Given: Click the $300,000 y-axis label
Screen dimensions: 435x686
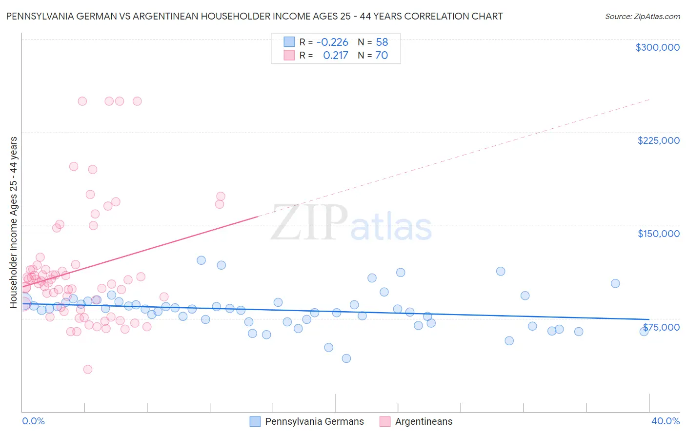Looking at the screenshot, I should click(657, 47).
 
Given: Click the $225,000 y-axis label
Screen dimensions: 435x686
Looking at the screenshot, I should click(658, 140).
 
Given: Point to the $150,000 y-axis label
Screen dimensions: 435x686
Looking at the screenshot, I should click(658, 234).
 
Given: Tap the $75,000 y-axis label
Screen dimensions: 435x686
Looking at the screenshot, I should click(661, 327).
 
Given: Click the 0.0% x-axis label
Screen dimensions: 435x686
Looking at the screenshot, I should click(33, 421).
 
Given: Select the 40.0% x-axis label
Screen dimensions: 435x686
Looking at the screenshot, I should click(665, 421).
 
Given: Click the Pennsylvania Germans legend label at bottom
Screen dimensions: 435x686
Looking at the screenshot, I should click(314, 421).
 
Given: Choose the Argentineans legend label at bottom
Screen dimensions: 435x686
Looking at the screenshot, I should click(424, 421).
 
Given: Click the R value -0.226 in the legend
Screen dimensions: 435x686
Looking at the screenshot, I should click(332, 42).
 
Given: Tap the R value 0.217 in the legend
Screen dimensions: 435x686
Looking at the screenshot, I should click(336, 56).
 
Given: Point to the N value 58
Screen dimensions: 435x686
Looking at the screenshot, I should click(382, 42).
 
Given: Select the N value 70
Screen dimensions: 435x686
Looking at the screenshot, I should click(382, 56).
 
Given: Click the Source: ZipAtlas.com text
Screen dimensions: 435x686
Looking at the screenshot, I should click(642, 17).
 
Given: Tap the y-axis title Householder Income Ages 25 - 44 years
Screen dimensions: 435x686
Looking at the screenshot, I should click(14, 222).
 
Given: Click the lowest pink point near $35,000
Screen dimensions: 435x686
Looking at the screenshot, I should click(88, 369).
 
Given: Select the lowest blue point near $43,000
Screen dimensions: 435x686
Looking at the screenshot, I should click(346, 358).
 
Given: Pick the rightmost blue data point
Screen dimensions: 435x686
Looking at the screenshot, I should click(644, 332).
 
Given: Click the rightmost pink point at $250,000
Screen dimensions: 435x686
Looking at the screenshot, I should click(137, 101).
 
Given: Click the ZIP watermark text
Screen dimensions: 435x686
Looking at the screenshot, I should click(309, 223).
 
